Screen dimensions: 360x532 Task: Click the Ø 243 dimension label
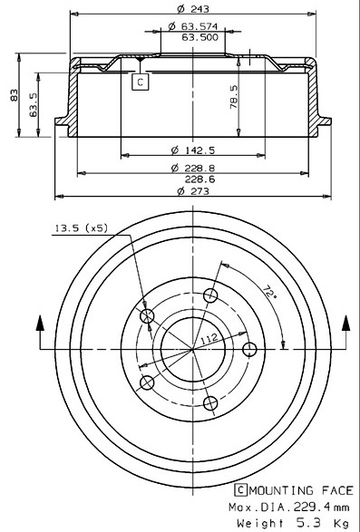tap(193, 9)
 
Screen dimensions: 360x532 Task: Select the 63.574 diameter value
tap(199, 26)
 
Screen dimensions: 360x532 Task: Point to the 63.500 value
tap(200, 37)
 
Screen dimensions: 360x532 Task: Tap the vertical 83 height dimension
tap(14, 95)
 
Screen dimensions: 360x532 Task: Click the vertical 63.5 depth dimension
tap(34, 105)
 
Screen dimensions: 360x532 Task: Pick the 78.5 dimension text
tap(234, 97)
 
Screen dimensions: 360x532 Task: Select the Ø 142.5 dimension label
tap(193, 150)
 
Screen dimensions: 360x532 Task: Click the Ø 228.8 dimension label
tap(193, 168)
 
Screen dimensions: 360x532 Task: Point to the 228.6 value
tap(199, 179)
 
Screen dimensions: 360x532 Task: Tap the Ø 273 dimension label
tap(193, 191)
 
